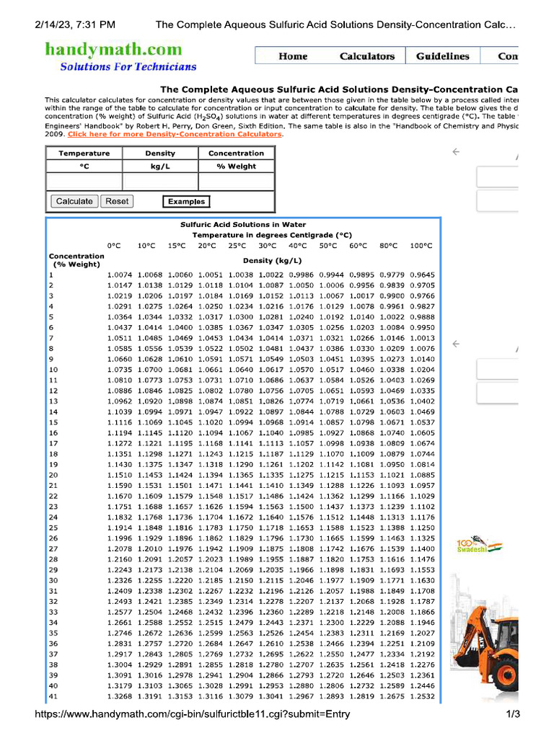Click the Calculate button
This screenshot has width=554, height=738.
click(74, 202)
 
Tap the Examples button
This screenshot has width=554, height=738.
click(186, 202)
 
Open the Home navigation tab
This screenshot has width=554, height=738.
click(293, 56)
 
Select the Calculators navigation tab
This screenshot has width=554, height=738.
click(367, 56)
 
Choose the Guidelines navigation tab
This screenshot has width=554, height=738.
click(442, 56)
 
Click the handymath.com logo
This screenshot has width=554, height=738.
click(113, 49)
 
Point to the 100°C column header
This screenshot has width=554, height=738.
click(422, 246)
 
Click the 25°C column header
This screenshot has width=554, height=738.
click(237, 246)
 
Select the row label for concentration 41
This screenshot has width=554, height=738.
click(53, 696)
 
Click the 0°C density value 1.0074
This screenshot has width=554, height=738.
click(119, 275)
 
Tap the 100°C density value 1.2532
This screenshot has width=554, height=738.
click(422, 696)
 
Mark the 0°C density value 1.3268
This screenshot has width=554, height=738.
click(119, 696)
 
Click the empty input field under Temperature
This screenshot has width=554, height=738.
click(84, 181)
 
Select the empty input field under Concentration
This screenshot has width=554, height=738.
click(236, 181)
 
